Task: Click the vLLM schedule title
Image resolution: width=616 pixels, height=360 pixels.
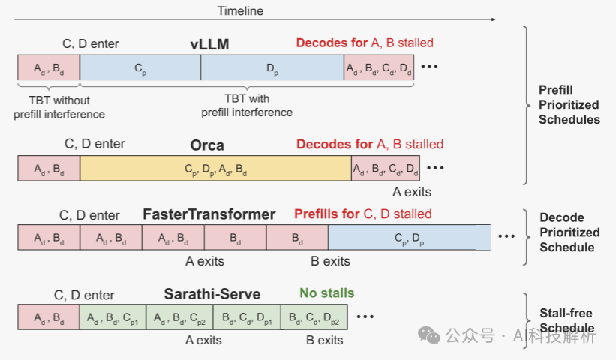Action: point(209,45)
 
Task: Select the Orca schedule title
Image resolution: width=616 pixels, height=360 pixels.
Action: point(207,145)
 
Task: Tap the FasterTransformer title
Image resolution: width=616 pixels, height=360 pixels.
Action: point(209,214)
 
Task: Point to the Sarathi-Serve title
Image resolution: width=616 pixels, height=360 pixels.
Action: point(212,294)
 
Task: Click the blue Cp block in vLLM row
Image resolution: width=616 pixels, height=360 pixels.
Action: point(140,67)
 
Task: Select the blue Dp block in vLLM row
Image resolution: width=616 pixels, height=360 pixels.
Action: point(272,67)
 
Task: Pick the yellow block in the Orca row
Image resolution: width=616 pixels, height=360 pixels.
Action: point(215,168)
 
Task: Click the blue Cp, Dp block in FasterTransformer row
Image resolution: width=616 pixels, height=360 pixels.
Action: point(410,237)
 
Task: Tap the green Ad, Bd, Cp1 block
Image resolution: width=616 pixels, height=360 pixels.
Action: point(113,317)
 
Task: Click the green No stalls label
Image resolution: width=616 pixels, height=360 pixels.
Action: point(327,293)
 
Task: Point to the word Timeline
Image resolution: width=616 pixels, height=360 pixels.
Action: point(240,11)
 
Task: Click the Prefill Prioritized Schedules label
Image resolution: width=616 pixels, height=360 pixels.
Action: point(569,104)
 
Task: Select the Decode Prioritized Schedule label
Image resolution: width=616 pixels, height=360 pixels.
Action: point(569,232)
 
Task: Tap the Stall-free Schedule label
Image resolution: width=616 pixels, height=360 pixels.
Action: point(568,320)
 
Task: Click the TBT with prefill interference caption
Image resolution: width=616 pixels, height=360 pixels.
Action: point(247,106)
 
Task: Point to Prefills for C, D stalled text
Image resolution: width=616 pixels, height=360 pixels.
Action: point(363,214)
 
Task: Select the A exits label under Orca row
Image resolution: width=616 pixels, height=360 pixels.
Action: point(412,192)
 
